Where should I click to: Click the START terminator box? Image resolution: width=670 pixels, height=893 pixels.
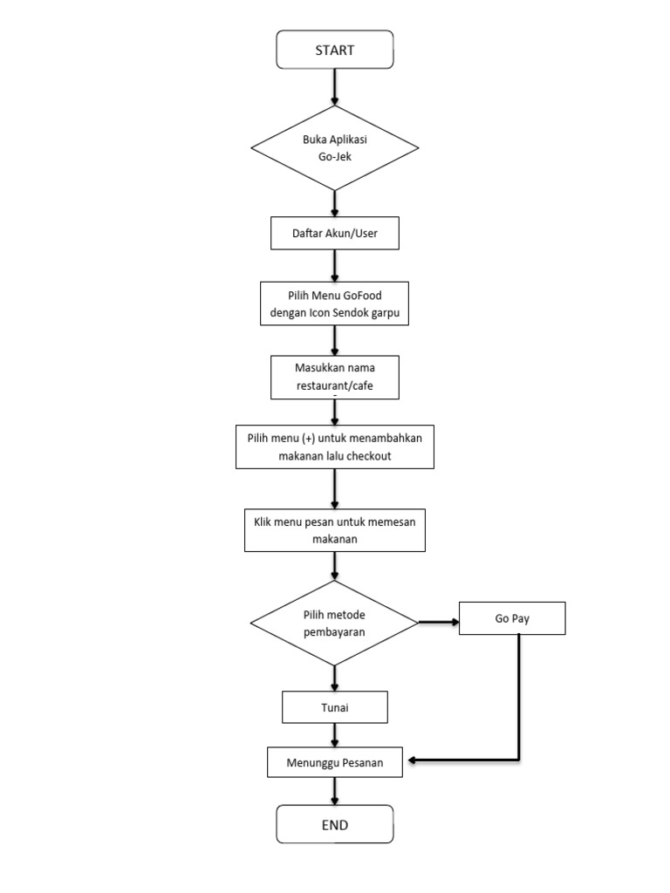[x=335, y=50]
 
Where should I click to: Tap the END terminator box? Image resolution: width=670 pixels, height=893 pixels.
[x=335, y=824]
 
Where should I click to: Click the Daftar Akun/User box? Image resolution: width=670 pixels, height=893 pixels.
[x=335, y=234]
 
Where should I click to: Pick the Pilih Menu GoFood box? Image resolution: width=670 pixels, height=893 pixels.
[x=335, y=303]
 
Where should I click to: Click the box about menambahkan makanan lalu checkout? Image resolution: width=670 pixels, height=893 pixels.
[x=335, y=446]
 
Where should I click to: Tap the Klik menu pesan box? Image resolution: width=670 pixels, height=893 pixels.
[x=335, y=530]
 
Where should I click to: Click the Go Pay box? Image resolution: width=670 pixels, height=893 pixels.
[x=513, y=618]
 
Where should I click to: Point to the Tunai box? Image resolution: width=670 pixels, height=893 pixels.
[x=335, y=706]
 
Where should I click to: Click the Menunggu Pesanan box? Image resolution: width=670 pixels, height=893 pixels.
[x=335, y=763]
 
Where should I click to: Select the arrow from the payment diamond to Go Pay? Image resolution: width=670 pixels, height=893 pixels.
[x=440, y=622]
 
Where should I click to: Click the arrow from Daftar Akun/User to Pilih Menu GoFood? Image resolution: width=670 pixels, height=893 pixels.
[x=335, y=264]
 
